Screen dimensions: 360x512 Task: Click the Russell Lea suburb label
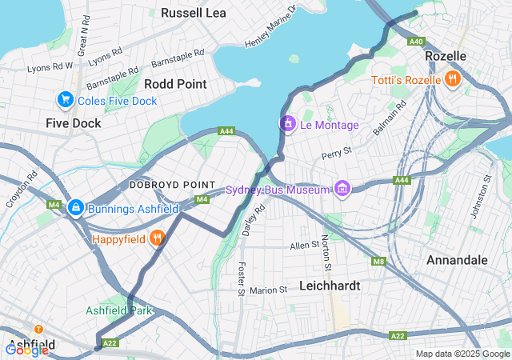click(194, 13)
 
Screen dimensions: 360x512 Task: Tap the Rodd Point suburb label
click(175, 83)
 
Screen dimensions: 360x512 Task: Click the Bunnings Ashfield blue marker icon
click(75, 207)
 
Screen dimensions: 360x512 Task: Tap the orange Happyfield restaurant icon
click(158, 238)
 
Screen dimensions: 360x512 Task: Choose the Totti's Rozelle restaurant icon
click(453, 79)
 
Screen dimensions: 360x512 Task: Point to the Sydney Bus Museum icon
click(342, 189)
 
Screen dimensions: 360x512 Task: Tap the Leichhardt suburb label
click(330, 285)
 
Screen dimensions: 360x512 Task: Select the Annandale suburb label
click(457, 261)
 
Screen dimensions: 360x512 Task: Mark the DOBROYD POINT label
click(173, 185)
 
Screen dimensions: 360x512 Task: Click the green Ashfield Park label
click(118, 310)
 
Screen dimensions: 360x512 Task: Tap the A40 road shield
click(415, 42)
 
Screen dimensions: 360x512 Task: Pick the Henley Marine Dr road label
click(270, 26)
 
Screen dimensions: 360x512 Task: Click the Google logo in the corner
click(26, 350)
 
